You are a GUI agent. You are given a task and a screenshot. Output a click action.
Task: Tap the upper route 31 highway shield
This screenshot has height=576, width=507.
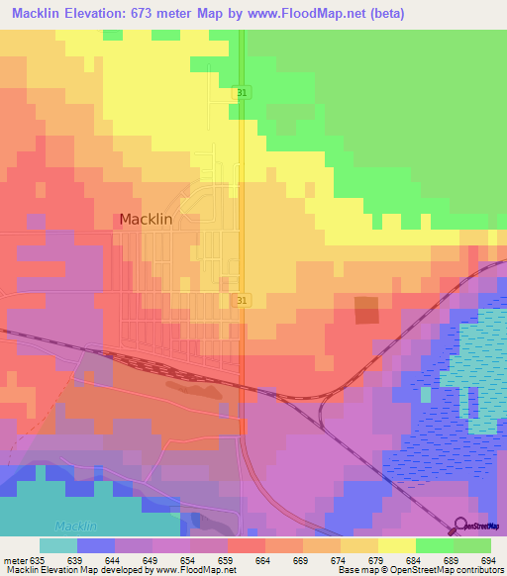pyautogui.click(x=243, y=92)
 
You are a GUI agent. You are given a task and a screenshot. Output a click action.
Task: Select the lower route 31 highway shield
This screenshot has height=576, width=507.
pyautogui.click(x=243, y=299)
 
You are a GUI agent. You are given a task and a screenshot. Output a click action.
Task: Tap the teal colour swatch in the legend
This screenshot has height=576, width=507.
pyautogui.click(x=57, y=545)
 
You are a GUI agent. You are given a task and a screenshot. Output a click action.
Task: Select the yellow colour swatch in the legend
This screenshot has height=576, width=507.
pyautogui.click(x=396, y=545)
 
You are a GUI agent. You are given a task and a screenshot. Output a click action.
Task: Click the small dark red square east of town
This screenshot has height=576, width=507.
pyautogui.click(x=366, y=310)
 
